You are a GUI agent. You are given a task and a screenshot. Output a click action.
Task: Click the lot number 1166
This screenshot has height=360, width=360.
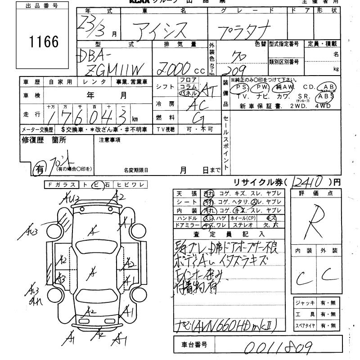point(44,42)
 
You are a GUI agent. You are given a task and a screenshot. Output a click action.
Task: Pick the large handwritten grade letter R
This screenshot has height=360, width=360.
point(315,220)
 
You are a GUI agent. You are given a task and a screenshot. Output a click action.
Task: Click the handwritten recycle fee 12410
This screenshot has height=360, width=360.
point(310,182)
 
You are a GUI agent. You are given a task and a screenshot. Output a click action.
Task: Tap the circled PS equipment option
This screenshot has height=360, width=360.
point(242,87)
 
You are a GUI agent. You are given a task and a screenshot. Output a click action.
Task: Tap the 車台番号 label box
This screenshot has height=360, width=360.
point(194,345)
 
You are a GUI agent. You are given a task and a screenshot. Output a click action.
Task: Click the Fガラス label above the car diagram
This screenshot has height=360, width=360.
point(62,184)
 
